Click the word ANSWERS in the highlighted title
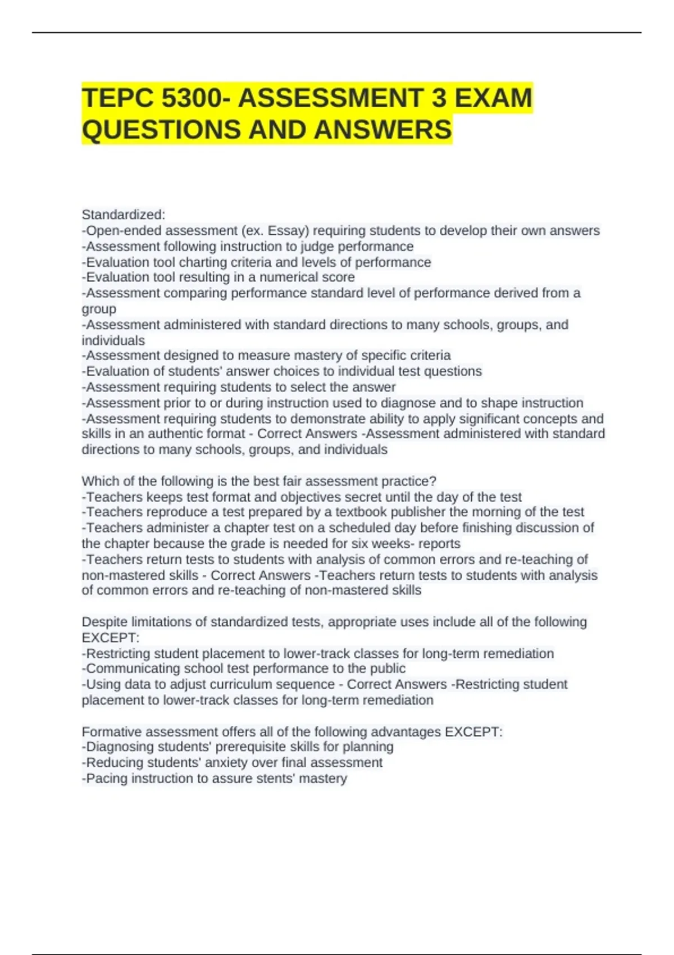click(x=382, y=130)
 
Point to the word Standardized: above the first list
click(x=124, y=215)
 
